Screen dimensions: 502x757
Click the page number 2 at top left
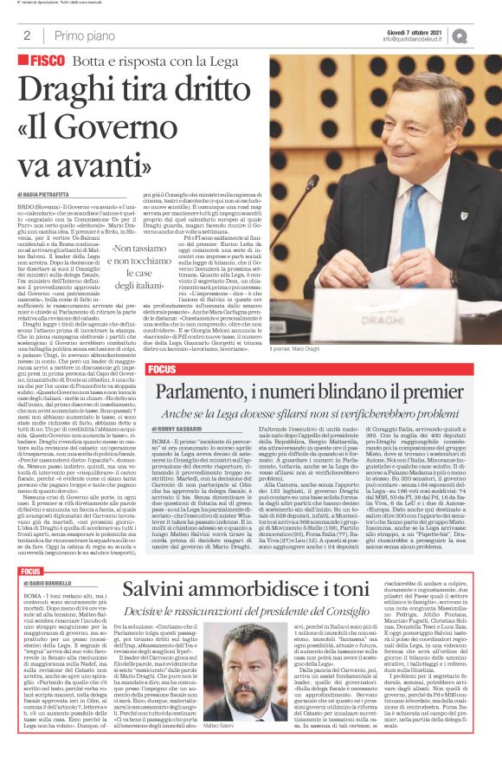pos(27,36)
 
